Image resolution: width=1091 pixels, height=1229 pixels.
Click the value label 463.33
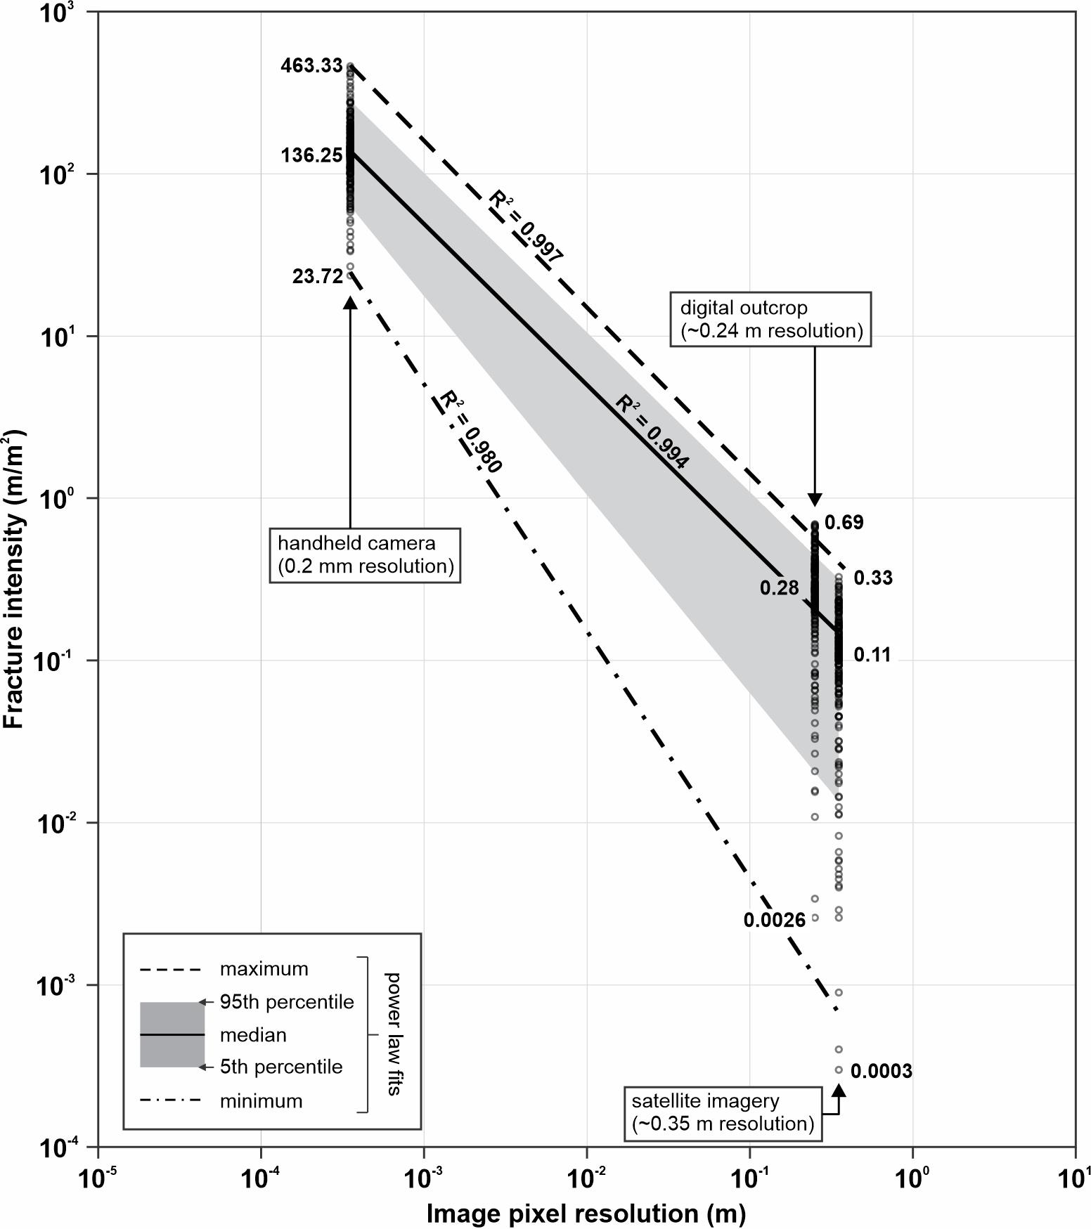tap(311, 67)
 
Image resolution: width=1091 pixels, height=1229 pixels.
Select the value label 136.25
tap(311, 155)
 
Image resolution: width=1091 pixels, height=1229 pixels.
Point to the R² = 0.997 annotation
tap(526, 227)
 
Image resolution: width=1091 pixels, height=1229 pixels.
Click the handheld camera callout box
tap(366, 554)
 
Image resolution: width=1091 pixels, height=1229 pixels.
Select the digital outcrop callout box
tap(770, 319)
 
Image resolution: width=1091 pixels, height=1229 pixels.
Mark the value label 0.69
tap(844, 522)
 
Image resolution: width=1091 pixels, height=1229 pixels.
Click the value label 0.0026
tap(775, 920)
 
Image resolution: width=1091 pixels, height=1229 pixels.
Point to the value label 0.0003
tap(881, 1071)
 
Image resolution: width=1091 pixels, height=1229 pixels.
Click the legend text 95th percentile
tap(286, 1002)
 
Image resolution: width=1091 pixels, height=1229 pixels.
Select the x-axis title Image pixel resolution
tap(586, 1214)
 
